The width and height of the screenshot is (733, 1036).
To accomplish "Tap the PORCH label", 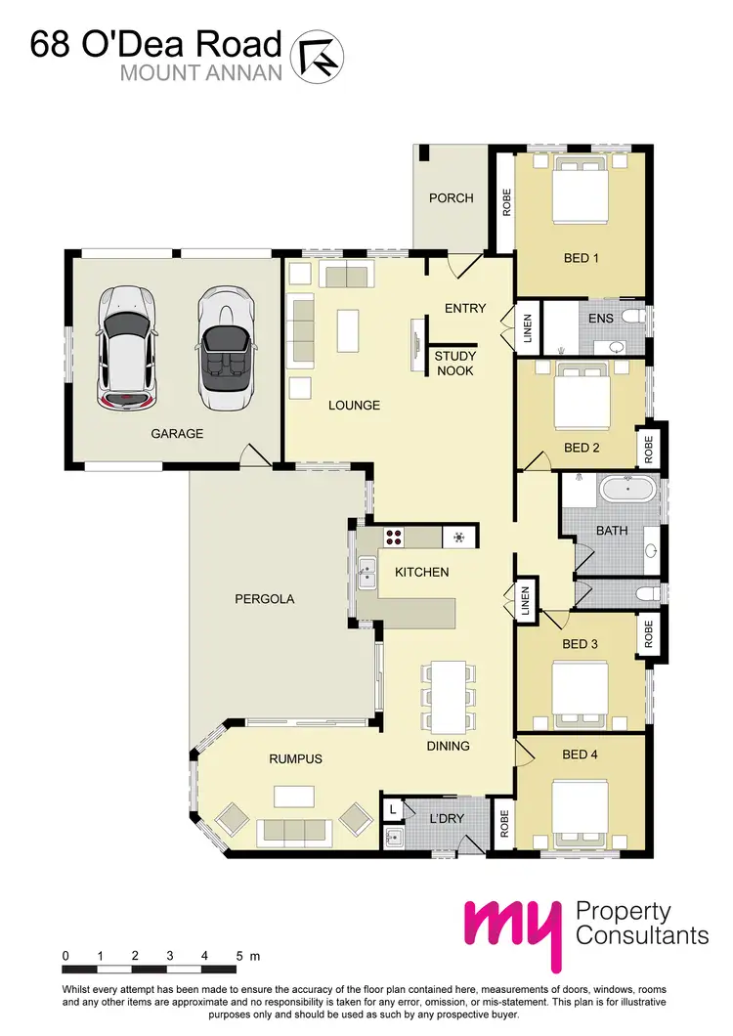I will coord(451,198).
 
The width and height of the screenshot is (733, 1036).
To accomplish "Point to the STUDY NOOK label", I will coord(454,364).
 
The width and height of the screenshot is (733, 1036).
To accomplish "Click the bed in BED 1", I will coord(580,192).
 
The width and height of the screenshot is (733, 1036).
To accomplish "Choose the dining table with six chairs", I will coord(449,696).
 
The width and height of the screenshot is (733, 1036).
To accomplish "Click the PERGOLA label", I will coord(264,598).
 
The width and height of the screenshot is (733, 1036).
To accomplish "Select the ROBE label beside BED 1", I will coord(506,201).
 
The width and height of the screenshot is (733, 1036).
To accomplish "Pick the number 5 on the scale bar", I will coord(238,955).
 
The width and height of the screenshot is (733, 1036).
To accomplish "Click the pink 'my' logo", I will coord(514,930).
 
